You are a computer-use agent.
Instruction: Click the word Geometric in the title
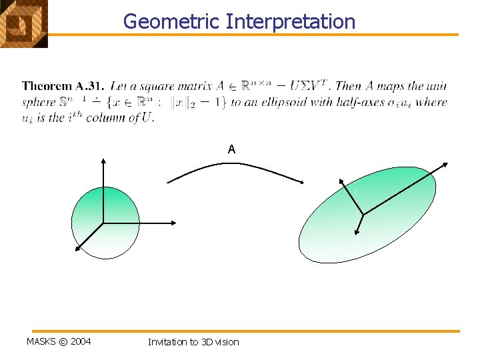(172, 21)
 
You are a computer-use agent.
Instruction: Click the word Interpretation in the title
(291, 21)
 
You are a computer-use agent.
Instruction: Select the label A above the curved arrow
(231, 149)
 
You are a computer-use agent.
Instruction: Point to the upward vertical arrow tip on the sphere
(103, 160)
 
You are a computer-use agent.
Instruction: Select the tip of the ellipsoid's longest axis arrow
(447, 163)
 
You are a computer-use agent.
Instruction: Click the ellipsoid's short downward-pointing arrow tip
(358, 235)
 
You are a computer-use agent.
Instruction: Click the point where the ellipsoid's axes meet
(363, 215)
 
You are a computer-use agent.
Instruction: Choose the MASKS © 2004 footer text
(59, 342)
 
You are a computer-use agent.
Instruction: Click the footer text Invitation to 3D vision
(193, 342)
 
